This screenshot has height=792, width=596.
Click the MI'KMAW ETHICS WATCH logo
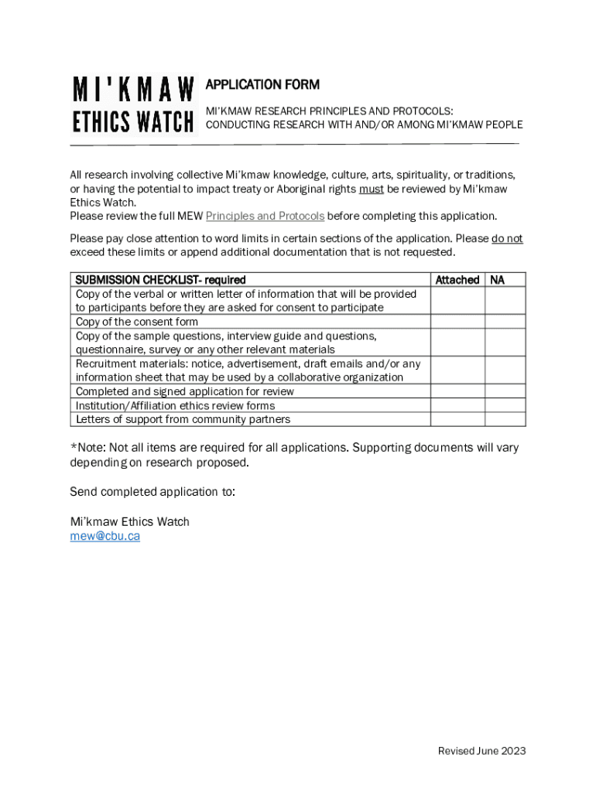tap(133, 105)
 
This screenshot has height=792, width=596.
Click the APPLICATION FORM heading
tap(262, 84)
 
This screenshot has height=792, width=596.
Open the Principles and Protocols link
tap(265, 216)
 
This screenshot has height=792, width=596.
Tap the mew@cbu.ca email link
tap(104, 535)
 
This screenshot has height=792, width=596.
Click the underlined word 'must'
tap(372, 189)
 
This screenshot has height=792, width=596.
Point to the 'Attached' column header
tap(457, 280)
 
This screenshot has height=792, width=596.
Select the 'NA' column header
tap(498, 280)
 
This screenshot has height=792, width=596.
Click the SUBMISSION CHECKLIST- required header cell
tap(160, 280)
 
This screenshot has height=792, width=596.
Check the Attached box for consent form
tap(457, 322)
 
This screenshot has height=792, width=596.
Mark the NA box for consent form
tap(505, 322)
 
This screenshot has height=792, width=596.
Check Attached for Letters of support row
tap(457, 419)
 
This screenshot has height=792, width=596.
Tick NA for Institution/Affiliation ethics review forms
tap(505, 405)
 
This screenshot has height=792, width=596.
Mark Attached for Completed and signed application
tap(457, 391)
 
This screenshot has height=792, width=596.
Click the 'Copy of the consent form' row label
tap(137, 322)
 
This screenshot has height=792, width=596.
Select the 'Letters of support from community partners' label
tap(183, 419)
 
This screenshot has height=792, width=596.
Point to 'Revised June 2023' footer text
tap(481, 751)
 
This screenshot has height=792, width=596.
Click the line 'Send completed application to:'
tap(152, 492)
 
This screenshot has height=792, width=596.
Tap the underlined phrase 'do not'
tap(507, 238)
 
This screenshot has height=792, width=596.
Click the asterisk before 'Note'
tap(73, 446)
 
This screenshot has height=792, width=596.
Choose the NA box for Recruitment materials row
tap(505, 370)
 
